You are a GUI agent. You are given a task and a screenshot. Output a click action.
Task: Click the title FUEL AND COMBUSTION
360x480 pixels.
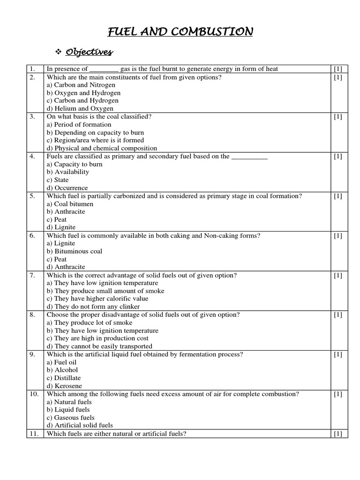(x=180, y=32)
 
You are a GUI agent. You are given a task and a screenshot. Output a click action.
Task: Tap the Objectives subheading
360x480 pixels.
(x=89, y=51)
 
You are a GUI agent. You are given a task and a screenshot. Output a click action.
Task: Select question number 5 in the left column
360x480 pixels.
(x=32, y=196)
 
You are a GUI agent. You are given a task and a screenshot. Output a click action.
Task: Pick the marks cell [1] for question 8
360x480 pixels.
(x=337, y=315)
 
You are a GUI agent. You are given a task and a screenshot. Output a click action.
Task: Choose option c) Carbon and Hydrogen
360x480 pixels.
(x=82, y=100)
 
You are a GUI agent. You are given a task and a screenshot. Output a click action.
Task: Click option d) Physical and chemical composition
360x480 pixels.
(x=102, y=148)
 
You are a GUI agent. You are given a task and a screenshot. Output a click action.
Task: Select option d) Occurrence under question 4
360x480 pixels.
(x=67, y=187)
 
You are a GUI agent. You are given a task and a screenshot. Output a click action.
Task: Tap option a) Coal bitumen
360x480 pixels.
(x=70, y=204)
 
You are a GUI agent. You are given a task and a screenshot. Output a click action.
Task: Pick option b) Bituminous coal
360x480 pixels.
(x=74, y=251)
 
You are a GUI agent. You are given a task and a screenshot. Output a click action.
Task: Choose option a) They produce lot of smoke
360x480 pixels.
(x=89, y=322)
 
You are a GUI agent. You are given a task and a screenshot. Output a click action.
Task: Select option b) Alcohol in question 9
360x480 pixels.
(x=62, y=370)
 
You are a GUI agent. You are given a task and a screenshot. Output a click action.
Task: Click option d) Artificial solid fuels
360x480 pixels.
(x=80, y=425)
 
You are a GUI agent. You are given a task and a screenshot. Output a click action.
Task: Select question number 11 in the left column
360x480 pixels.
(x=34, y=434)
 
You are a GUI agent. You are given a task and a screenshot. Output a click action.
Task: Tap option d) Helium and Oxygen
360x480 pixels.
(x=80, y=108)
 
